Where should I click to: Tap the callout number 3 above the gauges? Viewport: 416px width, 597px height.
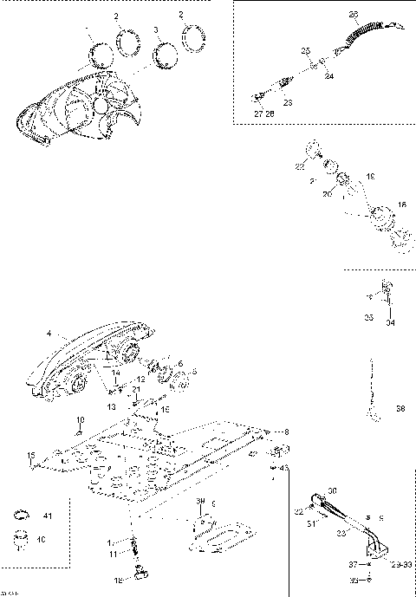[155, 29]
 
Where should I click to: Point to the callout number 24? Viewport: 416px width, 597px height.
[329, 75]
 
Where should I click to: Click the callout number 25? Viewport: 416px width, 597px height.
[305, 52]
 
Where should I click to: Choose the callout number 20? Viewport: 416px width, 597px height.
[328, 194]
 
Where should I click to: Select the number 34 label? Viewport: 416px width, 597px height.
[388, 323]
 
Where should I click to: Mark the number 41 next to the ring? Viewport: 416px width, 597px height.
[48, 516]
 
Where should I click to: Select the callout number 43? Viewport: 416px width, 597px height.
[284, 468]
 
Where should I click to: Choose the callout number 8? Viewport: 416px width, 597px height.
[287, 431]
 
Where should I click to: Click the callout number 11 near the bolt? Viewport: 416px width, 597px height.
[112, 553]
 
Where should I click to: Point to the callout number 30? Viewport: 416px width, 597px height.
[331, 491]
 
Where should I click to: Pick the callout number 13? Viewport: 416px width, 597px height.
[112, 406]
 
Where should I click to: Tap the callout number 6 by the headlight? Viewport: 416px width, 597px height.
[180, 363]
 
